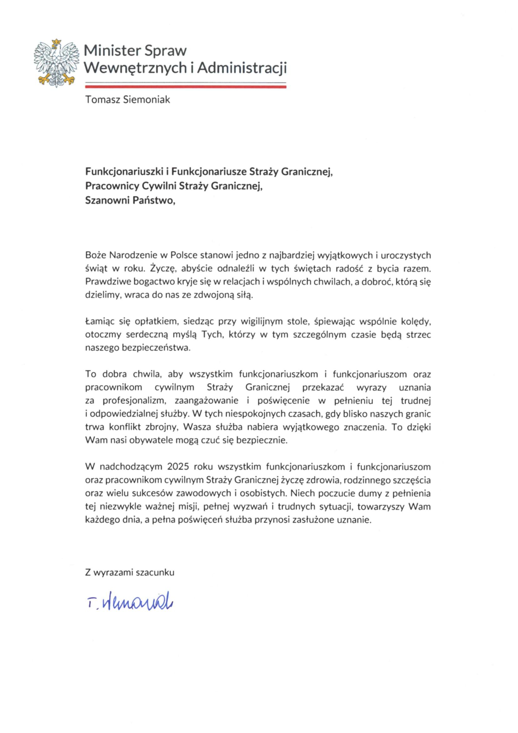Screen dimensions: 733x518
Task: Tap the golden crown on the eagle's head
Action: click(56, 42)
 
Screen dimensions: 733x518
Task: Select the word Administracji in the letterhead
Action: click(242, 68)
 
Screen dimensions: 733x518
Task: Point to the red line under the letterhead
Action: click(185, 86)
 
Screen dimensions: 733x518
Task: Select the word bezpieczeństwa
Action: click(156, 348)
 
